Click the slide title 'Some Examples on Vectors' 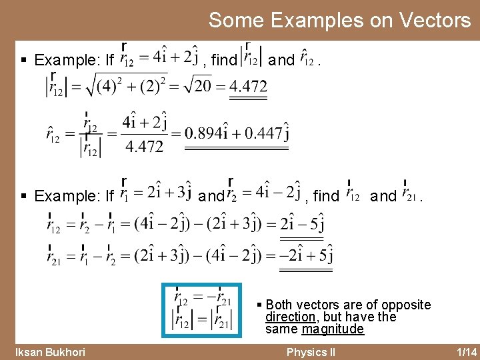coord(339,20)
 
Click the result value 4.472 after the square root coord(247,85)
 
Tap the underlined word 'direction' coord(290,317)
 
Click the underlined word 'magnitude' coord(333,329)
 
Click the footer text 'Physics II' coord(310,352)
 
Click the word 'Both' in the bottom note coord(280,305)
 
